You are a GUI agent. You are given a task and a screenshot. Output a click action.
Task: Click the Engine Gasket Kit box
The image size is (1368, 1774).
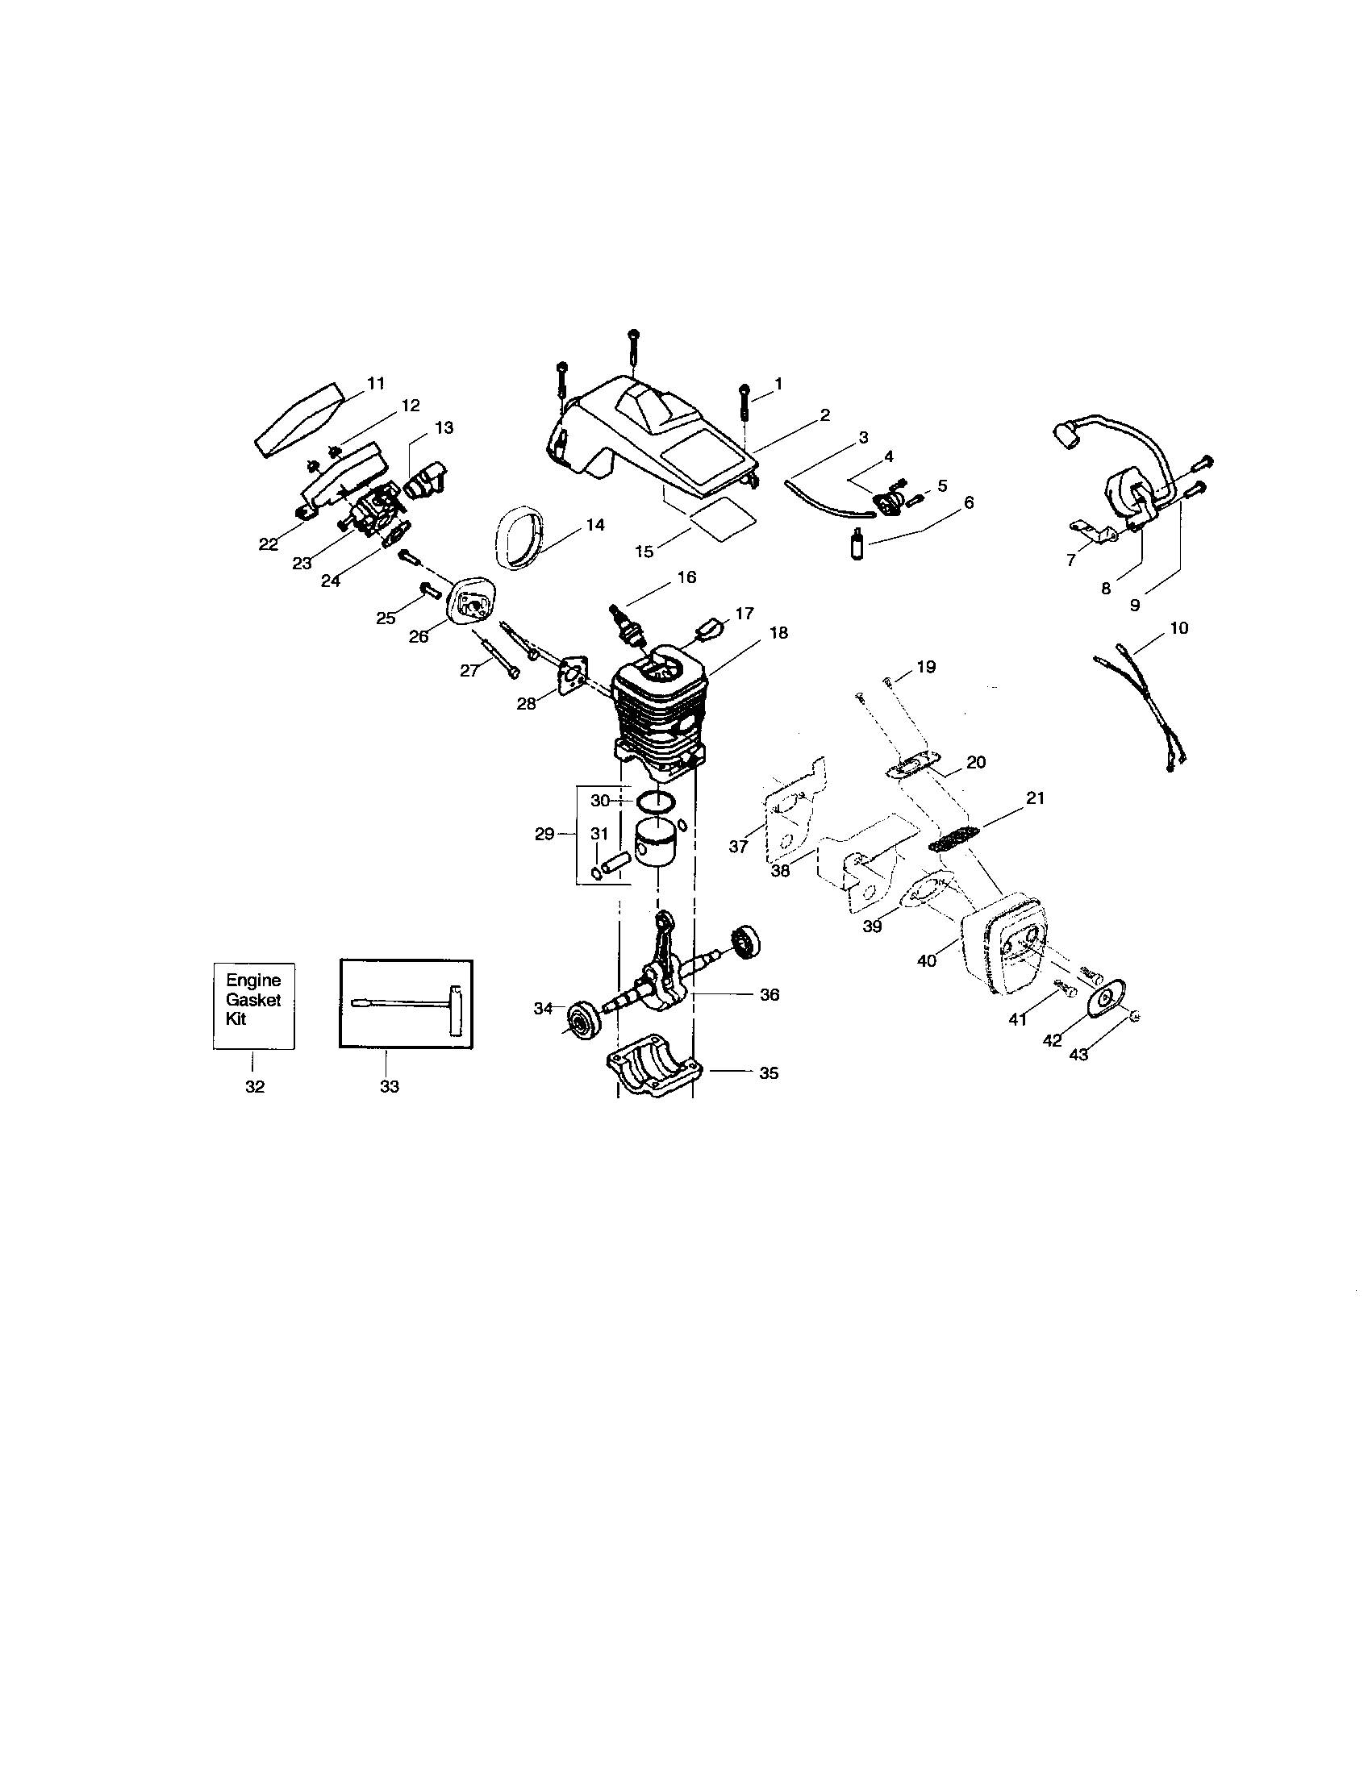[253, 1006]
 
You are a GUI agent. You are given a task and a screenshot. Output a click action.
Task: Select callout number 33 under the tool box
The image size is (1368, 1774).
[389, 1087]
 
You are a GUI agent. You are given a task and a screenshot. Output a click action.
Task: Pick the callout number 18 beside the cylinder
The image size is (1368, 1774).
[778, 632]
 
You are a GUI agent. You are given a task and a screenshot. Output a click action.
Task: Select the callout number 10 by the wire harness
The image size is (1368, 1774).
[1178, 628]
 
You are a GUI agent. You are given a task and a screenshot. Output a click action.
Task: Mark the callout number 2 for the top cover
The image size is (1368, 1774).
[824, 415]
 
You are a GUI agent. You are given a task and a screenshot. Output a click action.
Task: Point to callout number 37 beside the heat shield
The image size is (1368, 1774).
[737, 847]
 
